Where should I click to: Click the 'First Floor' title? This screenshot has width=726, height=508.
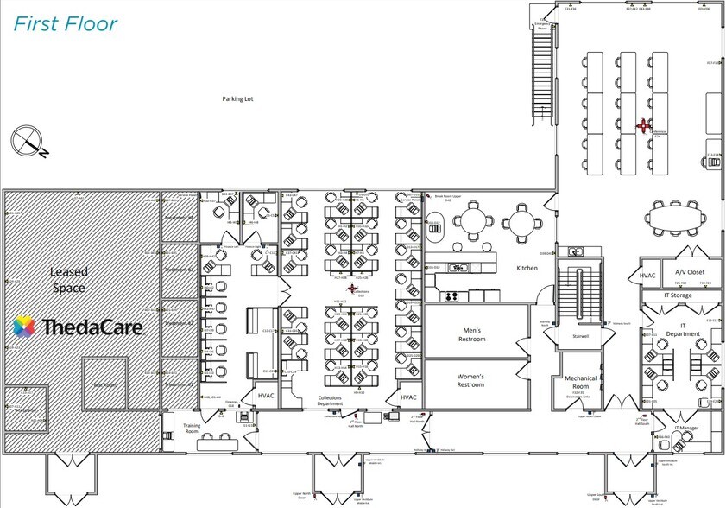pos(65,23)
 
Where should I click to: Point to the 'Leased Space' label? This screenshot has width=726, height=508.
pos(68,280)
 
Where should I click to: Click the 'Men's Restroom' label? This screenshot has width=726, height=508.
pos(471,334)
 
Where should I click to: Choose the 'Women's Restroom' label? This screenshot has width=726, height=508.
pos(470,381)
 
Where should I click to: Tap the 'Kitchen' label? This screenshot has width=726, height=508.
pos(527,268)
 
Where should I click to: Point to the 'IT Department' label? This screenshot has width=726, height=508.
pos(682,330)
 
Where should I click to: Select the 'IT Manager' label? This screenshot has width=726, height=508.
pos(690,428)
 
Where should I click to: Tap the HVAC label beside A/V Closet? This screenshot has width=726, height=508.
pos(648,275)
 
